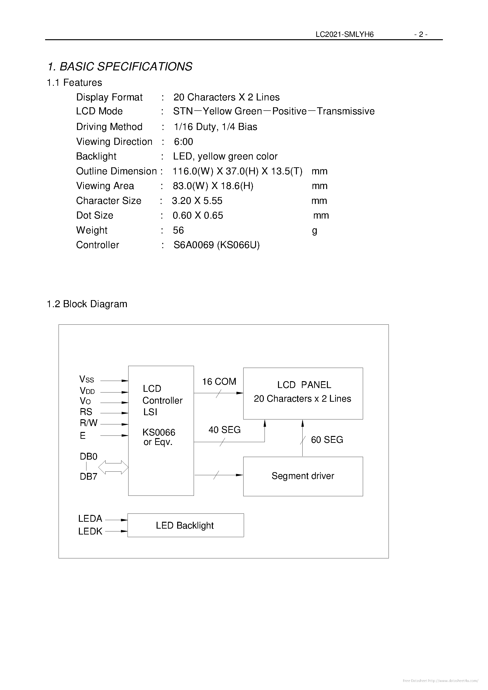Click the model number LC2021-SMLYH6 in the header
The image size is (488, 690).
pyautogui.click(x=344, y=34)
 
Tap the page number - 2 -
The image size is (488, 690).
pyautogui.click(x=421, y=34)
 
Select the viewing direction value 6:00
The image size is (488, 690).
pyautogui.click(x=183, y=142)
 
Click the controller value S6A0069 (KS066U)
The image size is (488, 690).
pyautogui.click(x=216, y=245)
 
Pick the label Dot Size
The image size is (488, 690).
pyautogui.click(x=95, y=215)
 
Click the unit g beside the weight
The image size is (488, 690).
pyautogui.click(x=315, y=231)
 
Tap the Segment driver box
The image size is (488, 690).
pyautogui.click(x=303, y=476)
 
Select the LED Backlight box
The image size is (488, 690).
pyautogui.click(x=185, y=525)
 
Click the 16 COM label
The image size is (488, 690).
pyautogui.click(x=219, y=382)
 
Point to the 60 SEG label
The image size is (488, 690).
pyautogui.click(x=327, y=440)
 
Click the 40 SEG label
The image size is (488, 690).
pyautogui.click(x=224, y=430)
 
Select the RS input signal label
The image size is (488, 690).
pyautogui.click(x=86, y=412)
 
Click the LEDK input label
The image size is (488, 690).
pyautogui.click(x=90, y=531)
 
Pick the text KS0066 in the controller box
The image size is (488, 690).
pyautogui.click(x=159, y=432)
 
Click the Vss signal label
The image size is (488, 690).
pyautogui.click(x=86, y=379)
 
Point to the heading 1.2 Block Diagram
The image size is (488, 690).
pyautogui.click(x=87, y=304)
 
